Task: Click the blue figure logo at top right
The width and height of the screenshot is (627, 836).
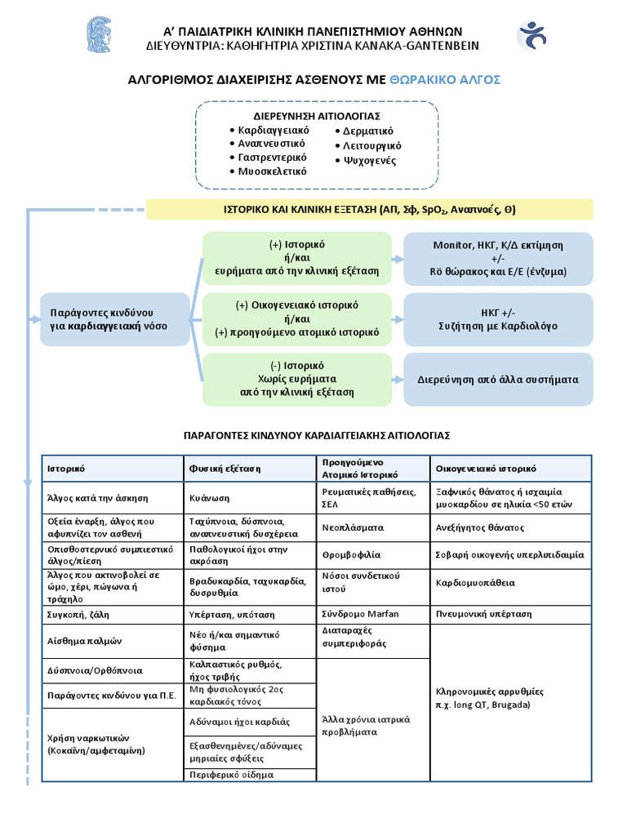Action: pos(531,36)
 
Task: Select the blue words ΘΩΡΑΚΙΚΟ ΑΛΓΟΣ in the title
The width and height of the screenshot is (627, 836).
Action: pos(446,79)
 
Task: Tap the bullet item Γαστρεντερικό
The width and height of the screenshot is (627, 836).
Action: pos(272,157)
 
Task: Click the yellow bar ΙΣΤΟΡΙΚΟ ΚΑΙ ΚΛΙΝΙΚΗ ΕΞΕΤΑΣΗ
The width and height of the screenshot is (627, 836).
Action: pos(369,209)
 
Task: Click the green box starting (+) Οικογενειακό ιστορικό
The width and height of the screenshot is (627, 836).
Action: pos(297,319)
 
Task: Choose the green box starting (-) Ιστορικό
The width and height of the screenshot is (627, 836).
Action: pos(297,379)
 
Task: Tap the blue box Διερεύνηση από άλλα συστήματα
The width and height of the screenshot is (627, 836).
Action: pos(498,380)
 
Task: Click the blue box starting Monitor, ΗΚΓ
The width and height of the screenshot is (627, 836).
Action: pos(498,258)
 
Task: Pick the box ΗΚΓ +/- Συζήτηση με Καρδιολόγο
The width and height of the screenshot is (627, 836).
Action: pos(498,319)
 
